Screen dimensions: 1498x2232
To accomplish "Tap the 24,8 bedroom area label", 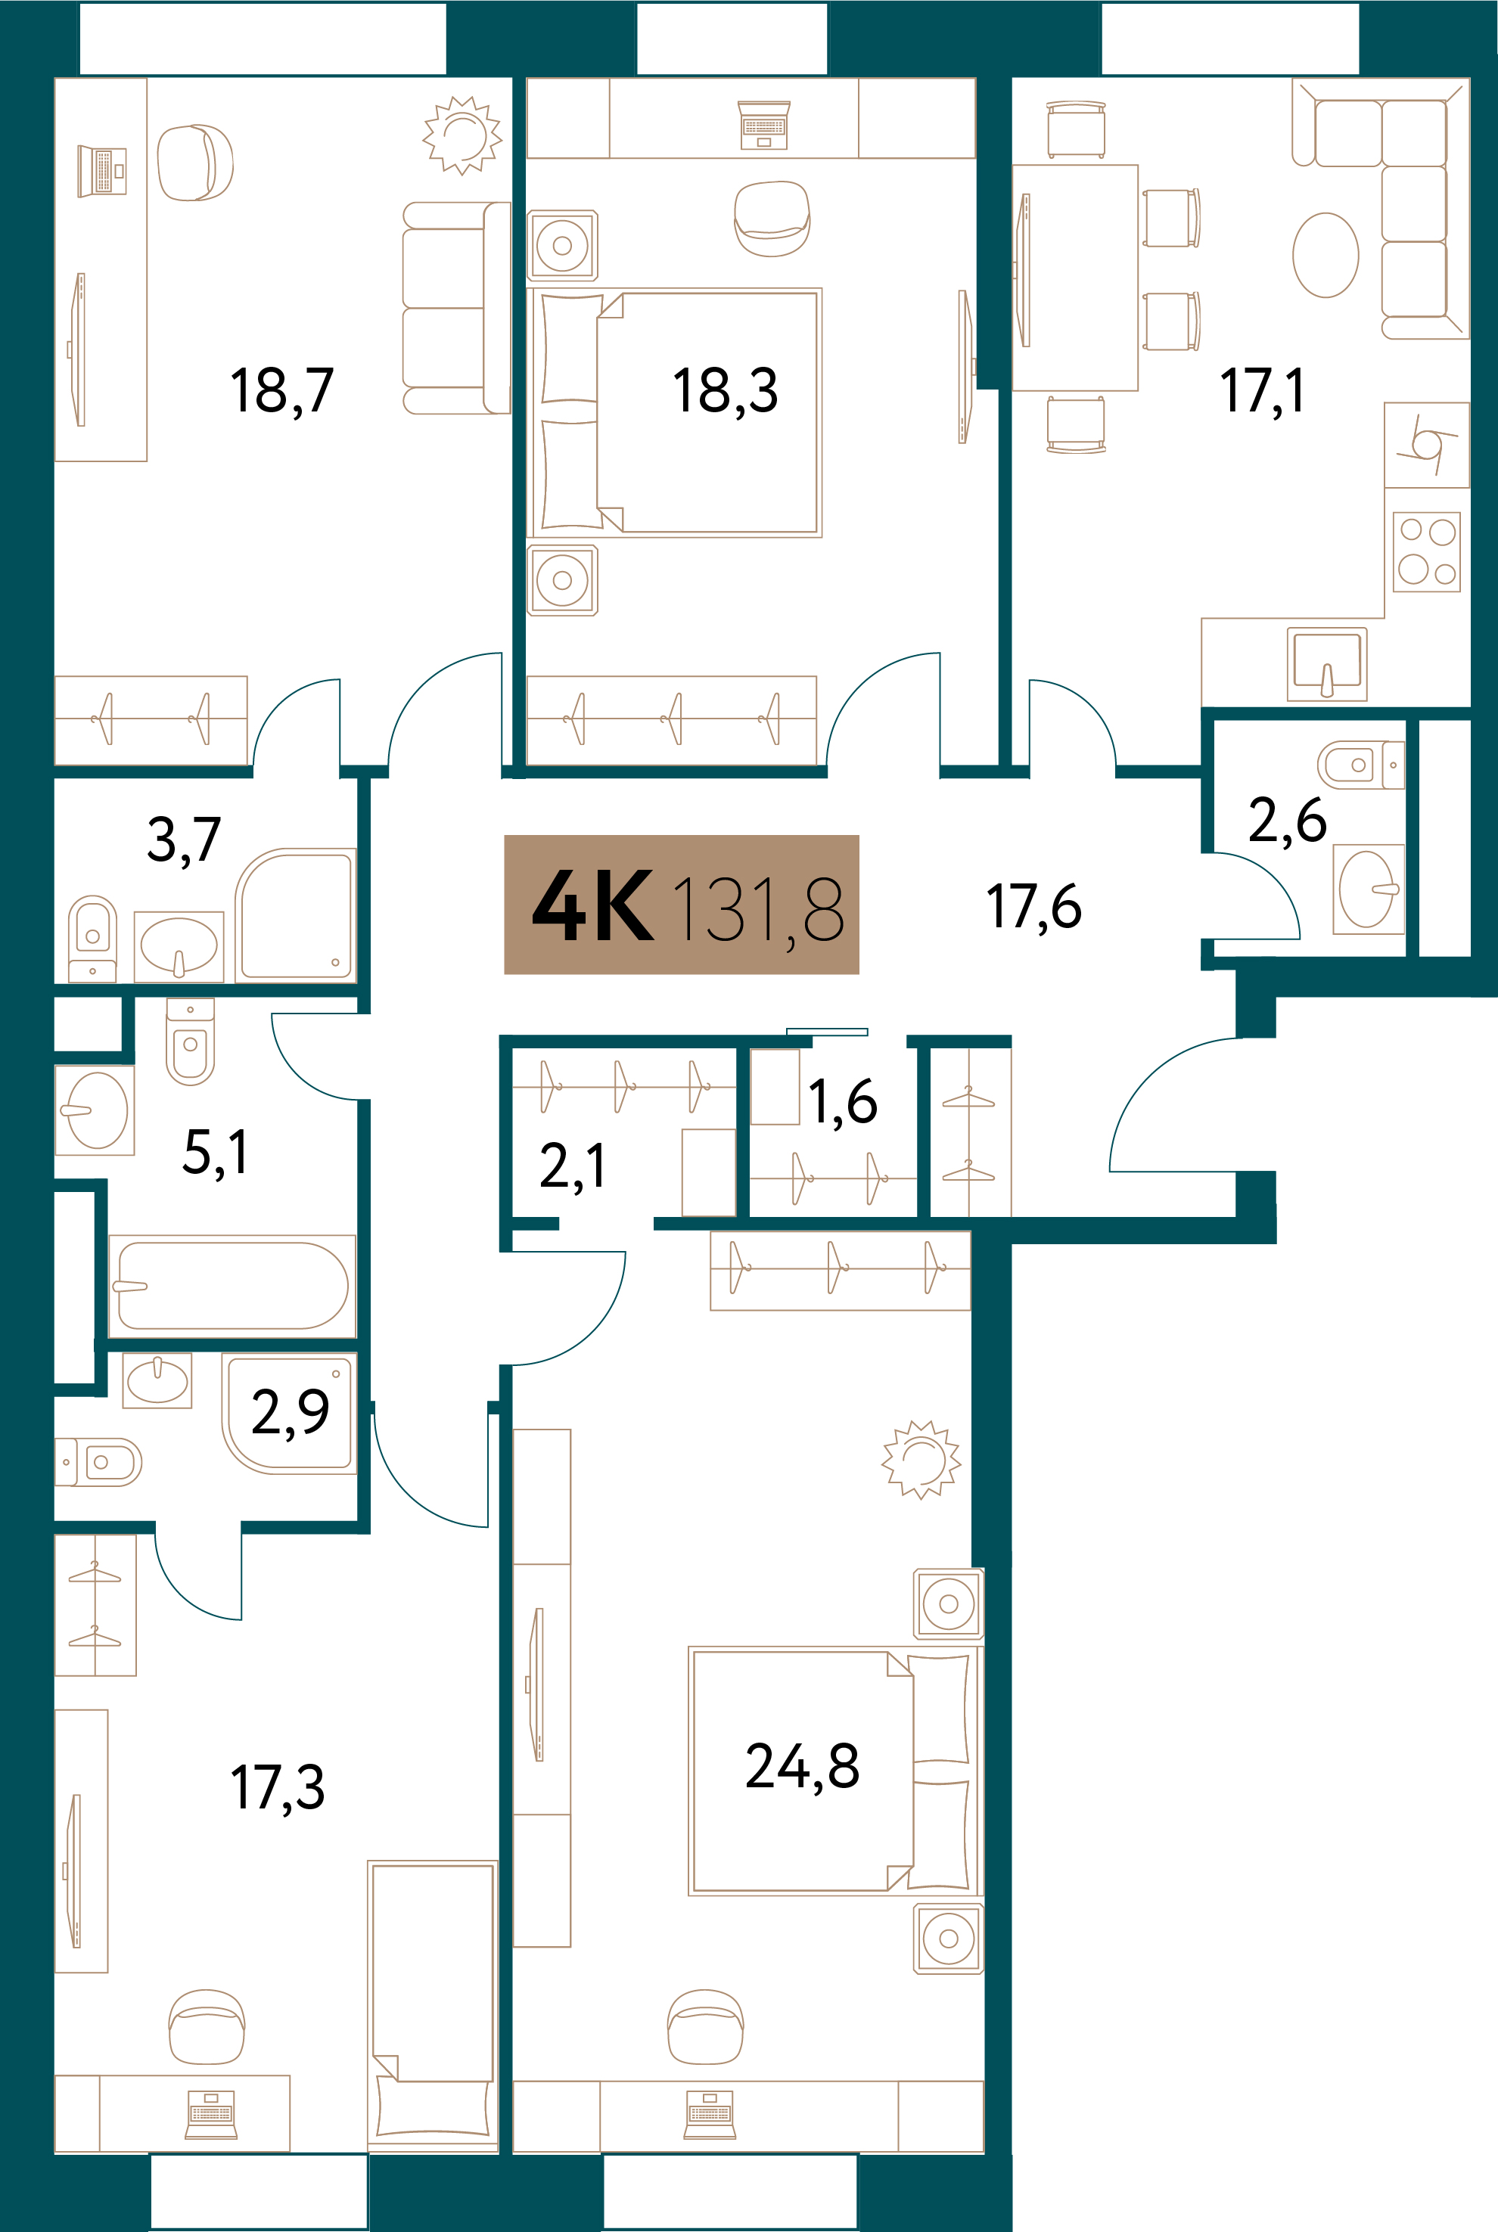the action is (803, 1766).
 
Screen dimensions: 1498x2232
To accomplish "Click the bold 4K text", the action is (593, 905).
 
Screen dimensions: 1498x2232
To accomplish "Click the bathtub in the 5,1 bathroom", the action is (232, 1286).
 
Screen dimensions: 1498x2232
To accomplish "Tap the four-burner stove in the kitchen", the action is (1426, 552).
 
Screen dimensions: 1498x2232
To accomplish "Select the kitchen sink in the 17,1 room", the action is (1327, 662).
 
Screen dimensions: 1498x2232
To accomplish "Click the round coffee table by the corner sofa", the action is (1325, 255).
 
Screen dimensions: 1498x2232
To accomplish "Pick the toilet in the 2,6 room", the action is (1360, 765).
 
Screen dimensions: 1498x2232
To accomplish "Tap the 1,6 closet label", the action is (843, 1103).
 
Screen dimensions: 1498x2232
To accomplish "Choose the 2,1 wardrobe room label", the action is (572, 1166).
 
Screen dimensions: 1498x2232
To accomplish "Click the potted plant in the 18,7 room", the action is (462, 135).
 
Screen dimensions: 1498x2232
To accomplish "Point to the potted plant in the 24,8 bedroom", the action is (921, 1459).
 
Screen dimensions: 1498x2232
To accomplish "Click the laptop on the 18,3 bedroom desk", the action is (764, 125).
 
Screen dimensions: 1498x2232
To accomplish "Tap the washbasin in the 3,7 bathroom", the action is (179, 946).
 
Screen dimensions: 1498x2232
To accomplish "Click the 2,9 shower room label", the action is (290, 1411).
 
